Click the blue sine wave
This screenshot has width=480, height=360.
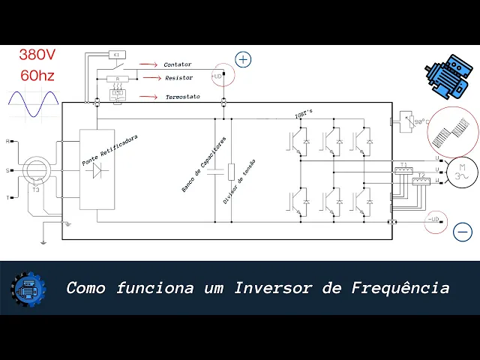32,105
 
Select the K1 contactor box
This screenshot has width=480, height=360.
118,55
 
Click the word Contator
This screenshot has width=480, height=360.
178,65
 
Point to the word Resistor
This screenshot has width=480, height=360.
178,78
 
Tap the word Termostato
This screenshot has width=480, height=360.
182,97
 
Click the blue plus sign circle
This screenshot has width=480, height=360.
243,59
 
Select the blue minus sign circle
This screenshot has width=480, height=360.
463,232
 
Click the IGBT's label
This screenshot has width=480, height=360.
304,115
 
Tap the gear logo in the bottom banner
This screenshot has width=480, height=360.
28,288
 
